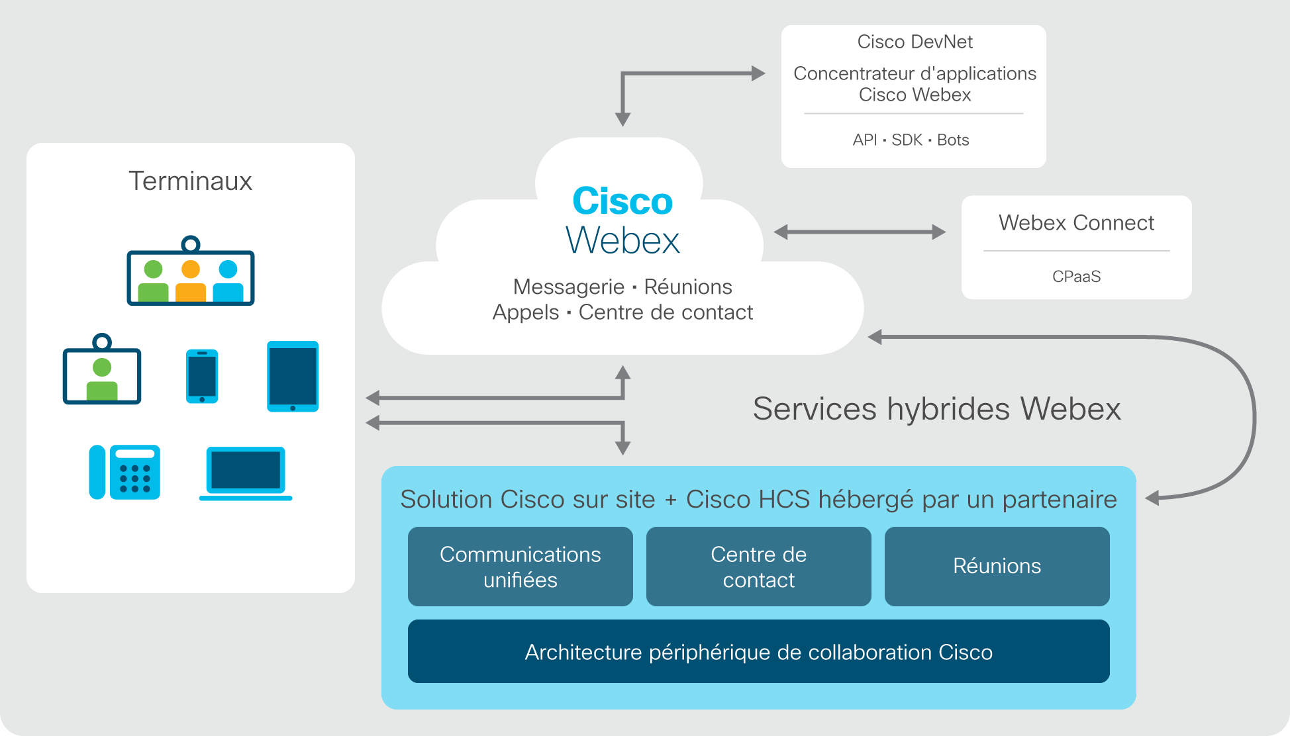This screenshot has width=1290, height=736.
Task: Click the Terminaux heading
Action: pyautogui.click(x=190, y=181)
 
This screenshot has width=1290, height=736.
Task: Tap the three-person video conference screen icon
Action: pyautogui.click(x=191, y=271)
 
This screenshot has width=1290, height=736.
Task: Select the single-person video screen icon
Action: pyautogui.click(x=102, y=369)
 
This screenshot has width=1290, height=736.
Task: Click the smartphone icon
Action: pyautogui.click(x=202, y=376)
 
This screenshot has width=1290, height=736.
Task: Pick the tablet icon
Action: pyautogui.click(x=293, y=377)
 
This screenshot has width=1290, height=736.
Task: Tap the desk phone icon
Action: pyautogui.click(x=124, y=472)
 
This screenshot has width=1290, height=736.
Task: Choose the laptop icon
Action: pyautogui.click(x=246, y=474)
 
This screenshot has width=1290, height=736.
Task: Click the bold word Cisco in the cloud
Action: pyautogui.click(x=622, y=201)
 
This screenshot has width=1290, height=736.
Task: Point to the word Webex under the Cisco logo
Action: pyautogui.click(x=622, y=240)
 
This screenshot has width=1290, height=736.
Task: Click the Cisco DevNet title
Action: pyautogui.click(x=915, y=42)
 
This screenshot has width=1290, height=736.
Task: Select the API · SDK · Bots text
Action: pyautogui.click(x=911, y=140)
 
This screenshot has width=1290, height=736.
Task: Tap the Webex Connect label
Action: pyautogui.click(x=1076, y=222)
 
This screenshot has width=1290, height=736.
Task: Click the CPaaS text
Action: pyautogui.click(x=1077, y=276)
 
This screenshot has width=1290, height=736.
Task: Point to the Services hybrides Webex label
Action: pyautogui.click(x=937, y=408)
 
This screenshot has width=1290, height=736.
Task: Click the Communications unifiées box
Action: pyautogui.click(x=521, y=567)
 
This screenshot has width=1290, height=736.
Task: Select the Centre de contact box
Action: pyautogui.click(x=759, y=567)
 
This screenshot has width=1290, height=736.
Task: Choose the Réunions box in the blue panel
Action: pyautogui.click(x=997, y=567)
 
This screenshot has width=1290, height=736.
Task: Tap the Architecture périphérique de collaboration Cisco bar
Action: pyautogui.click(x=759, y=651)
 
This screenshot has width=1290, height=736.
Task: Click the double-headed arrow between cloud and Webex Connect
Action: pyautogui.click(x=860, y=232)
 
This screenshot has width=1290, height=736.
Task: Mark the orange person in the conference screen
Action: pyautogui.click(x=191, y=281)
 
